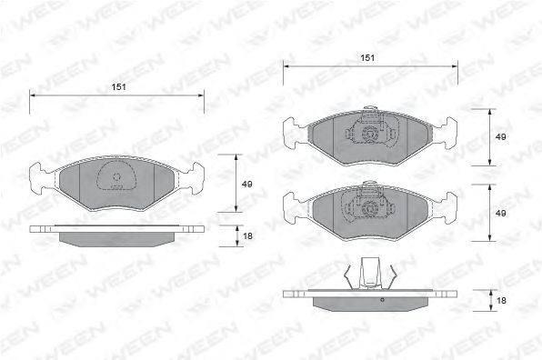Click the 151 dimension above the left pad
(x=118, y=87)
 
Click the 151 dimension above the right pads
(x=367, y=57)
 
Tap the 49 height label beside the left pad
(x=246, y=185)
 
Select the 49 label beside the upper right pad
(x=500, y=136)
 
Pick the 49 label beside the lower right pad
(x=500, y=213)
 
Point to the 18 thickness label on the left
(x=247, y=236)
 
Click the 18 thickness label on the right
(x=501, y=301)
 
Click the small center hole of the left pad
(x=116, y=177)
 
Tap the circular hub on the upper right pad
(x=370, y=134)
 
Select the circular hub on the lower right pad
(x=370, y=209)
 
